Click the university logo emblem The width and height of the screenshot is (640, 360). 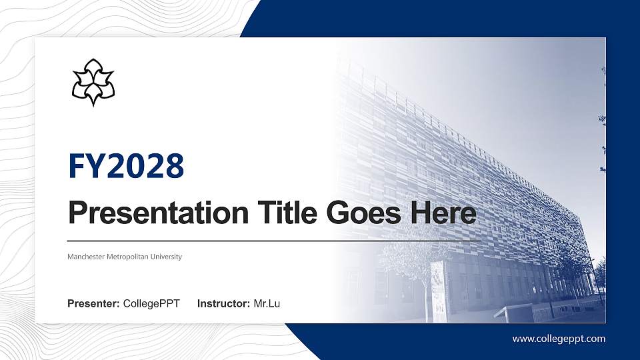tap(93, 82)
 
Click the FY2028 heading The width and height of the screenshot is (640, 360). tap(126, 166)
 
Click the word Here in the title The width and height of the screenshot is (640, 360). tap(445, 213)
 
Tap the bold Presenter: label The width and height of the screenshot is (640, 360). tap(93, 304)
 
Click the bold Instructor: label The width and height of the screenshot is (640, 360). tap(224, 304)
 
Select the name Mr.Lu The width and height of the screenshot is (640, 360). tap(267, 304)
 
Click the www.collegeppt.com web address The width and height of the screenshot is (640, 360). tap(559, 339)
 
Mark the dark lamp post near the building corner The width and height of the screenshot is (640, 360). tap(549, 280)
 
